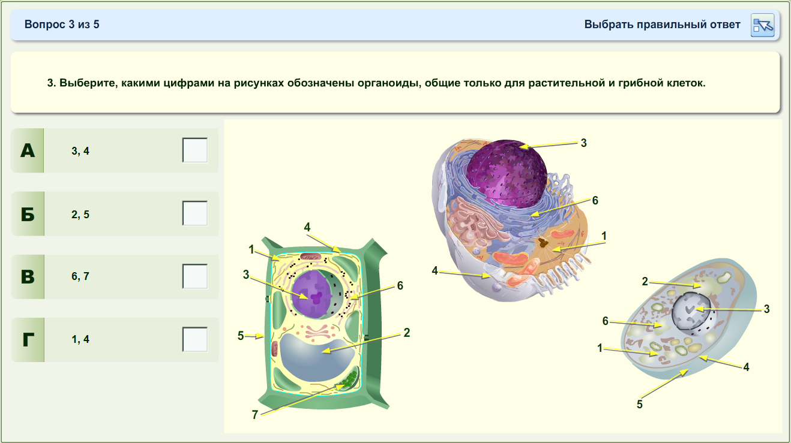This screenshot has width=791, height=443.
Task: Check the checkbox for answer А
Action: coord(195,150)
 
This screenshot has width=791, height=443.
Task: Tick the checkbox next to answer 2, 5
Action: coord(195,213)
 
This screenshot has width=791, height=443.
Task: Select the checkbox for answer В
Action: coord(195,276)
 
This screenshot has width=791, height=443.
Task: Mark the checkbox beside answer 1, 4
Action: coord(195,339)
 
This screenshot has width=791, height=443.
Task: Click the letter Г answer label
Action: coord(28,340)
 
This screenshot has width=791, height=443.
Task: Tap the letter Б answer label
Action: coord(28,214)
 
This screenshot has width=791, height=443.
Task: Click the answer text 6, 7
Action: coord(80,276)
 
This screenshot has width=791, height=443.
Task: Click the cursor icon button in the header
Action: coord(762,25)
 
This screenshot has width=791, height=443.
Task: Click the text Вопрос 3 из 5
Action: coord(62,25)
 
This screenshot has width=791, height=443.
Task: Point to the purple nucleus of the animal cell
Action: coord(507,173)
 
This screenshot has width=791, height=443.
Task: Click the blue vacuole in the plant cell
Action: coord(317,356)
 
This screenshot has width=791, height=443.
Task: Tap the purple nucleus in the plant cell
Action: coord(312,294)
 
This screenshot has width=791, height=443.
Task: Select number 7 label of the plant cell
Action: coord(254,415)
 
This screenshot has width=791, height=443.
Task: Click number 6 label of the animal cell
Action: coord(595,200)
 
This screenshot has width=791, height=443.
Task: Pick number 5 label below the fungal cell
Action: coord(640,404)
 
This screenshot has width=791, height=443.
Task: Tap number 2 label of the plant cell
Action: coord(407,333)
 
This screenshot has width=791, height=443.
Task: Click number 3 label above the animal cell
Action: coord(584,143)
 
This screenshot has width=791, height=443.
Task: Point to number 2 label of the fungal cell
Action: coord(645,281)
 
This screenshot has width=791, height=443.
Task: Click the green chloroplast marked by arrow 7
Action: coord(348,380)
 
